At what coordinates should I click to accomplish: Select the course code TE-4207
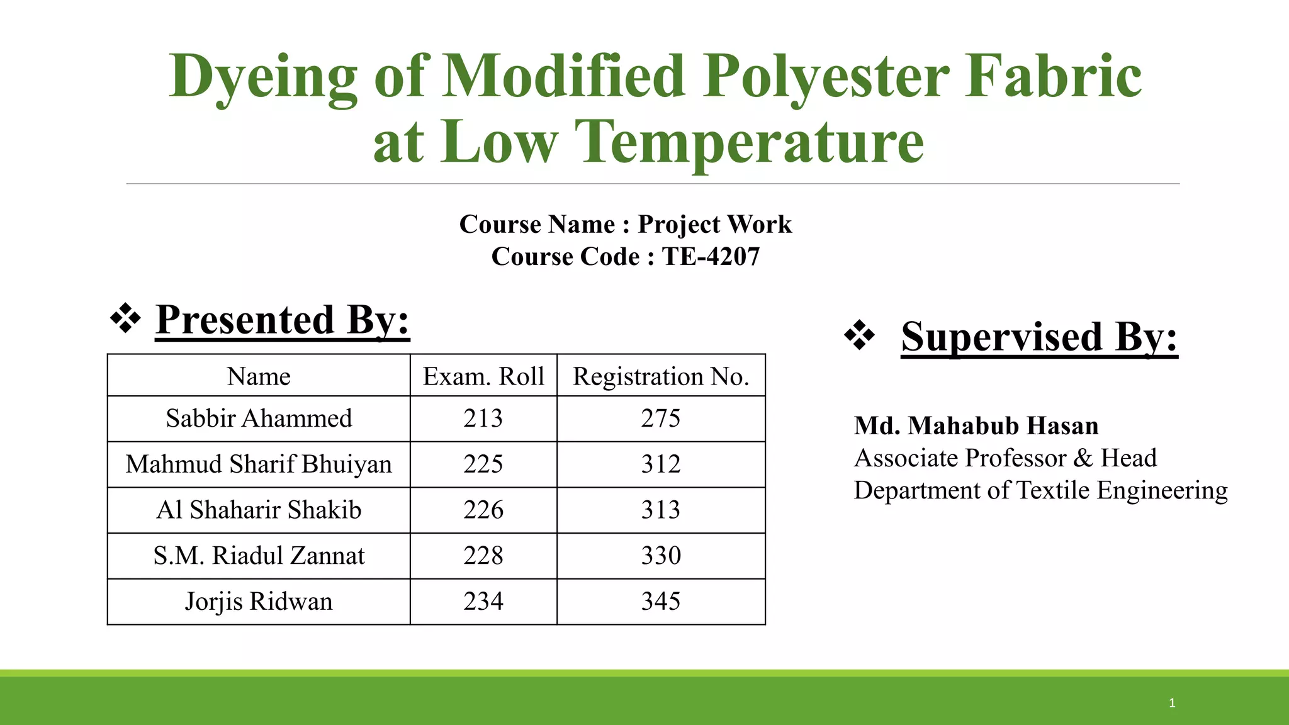click(711, 257)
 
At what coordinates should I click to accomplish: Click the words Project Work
click(714, 225)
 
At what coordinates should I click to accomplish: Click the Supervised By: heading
click(1039, 337)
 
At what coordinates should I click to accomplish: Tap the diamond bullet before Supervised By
click(860, 335)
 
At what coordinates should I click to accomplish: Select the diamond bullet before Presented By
click(125, 318)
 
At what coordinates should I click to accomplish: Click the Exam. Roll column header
click(483, 376)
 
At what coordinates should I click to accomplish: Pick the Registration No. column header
click(661, 376)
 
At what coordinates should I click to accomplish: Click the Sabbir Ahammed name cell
click(259, 419)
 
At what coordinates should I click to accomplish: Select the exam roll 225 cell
click(483, 464)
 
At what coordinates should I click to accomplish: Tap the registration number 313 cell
click(661, 510)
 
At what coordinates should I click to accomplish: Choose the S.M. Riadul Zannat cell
click(259, 556)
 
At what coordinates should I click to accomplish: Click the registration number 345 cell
click(661, 602)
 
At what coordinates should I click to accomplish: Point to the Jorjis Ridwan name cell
click(259, 602)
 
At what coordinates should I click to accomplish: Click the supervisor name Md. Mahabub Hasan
click(976, 426)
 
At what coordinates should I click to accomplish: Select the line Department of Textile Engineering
click(1040, 490)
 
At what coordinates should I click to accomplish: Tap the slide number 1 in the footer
click(1172, 703)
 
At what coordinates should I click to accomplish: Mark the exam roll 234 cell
click(483, 602)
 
